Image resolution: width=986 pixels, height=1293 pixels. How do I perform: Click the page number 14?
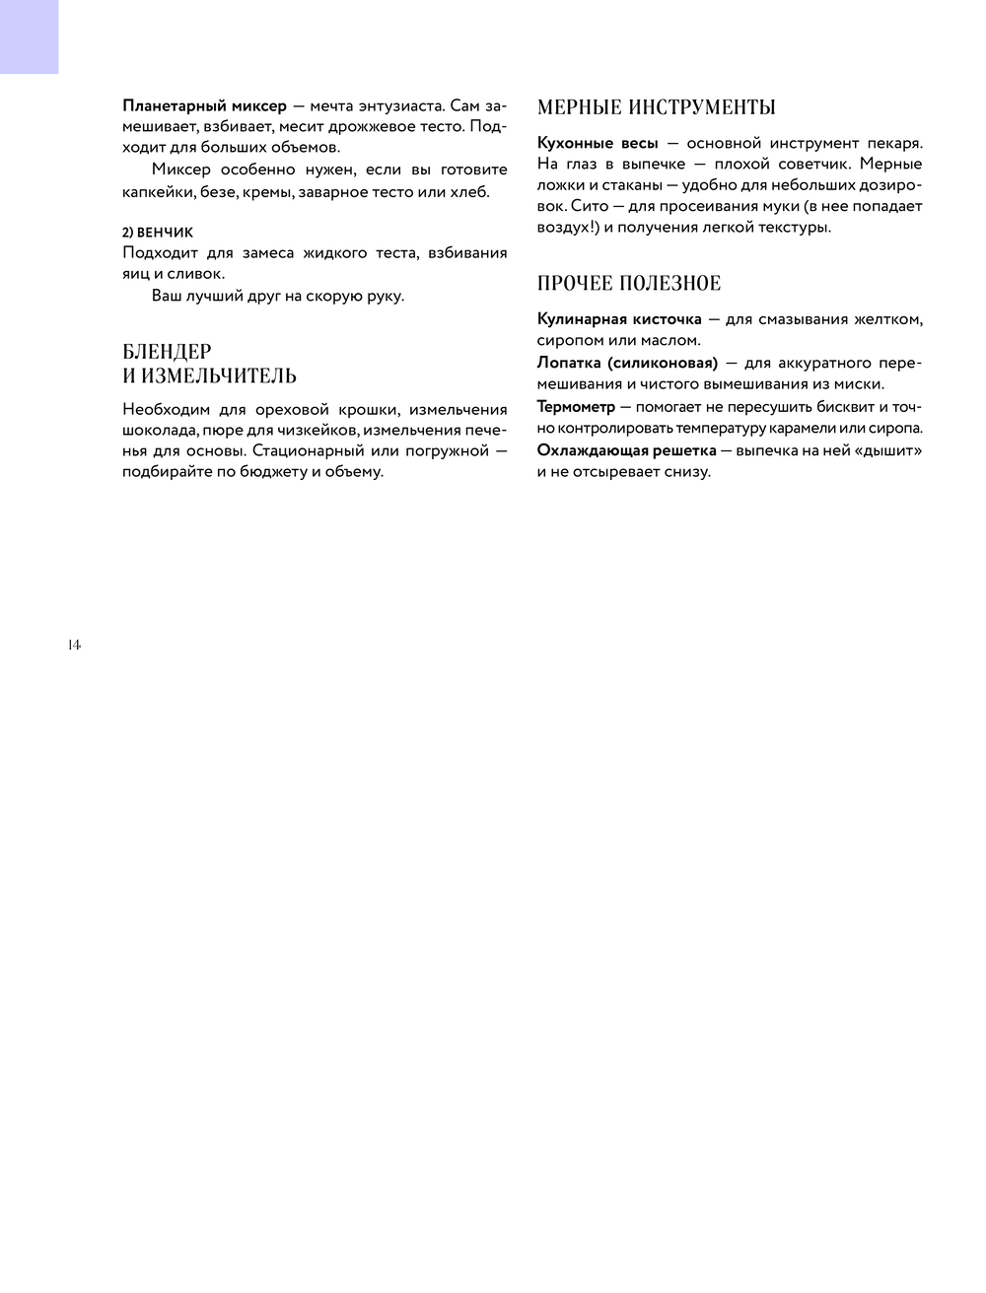pos(74,646)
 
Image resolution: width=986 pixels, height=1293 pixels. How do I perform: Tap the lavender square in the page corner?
pos(29,36)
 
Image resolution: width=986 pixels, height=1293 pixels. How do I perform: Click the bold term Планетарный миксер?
pos(204,105)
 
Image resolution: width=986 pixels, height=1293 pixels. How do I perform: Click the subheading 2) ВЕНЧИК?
pos(158,233)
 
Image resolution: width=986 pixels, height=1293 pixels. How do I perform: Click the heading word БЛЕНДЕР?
pos(167,352)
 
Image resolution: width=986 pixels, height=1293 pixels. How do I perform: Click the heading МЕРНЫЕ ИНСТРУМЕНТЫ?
pos(656,107)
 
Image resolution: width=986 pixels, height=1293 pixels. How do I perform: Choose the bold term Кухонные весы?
pos(598,143)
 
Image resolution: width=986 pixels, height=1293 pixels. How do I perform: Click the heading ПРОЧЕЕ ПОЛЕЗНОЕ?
pos(629,284)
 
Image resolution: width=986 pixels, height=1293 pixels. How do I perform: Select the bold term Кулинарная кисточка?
pos(619,319)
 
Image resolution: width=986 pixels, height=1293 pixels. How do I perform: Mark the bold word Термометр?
pos(576,406)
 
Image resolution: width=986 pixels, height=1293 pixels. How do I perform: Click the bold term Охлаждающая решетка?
pos(626,450)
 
